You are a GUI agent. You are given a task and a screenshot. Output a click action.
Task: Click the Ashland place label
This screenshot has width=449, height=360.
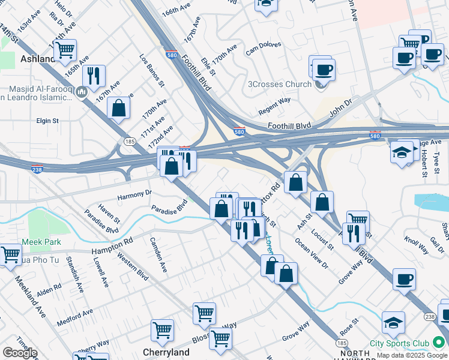pos(38,59)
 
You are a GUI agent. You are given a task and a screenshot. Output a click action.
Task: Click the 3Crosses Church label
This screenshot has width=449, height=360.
pos(280,84)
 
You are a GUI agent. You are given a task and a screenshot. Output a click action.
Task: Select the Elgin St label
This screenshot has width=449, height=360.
pos(47,121)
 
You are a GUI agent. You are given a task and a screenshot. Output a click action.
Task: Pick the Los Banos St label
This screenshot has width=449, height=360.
pos(152,71)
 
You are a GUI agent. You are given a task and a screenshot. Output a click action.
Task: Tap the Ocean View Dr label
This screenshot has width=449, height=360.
pos(312,253)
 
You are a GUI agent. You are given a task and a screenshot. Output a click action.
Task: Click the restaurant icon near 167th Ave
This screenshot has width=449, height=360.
pos(94,75)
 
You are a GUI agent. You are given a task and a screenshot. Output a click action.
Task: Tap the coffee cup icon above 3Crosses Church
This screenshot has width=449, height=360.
pos(324,70)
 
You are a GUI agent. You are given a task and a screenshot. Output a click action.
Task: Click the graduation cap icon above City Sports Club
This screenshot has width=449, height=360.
pos(393,323)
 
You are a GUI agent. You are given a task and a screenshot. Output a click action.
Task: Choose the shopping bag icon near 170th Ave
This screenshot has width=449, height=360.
pos(119,108)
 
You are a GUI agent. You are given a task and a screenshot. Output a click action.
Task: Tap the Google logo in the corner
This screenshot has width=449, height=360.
pos(20,353)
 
